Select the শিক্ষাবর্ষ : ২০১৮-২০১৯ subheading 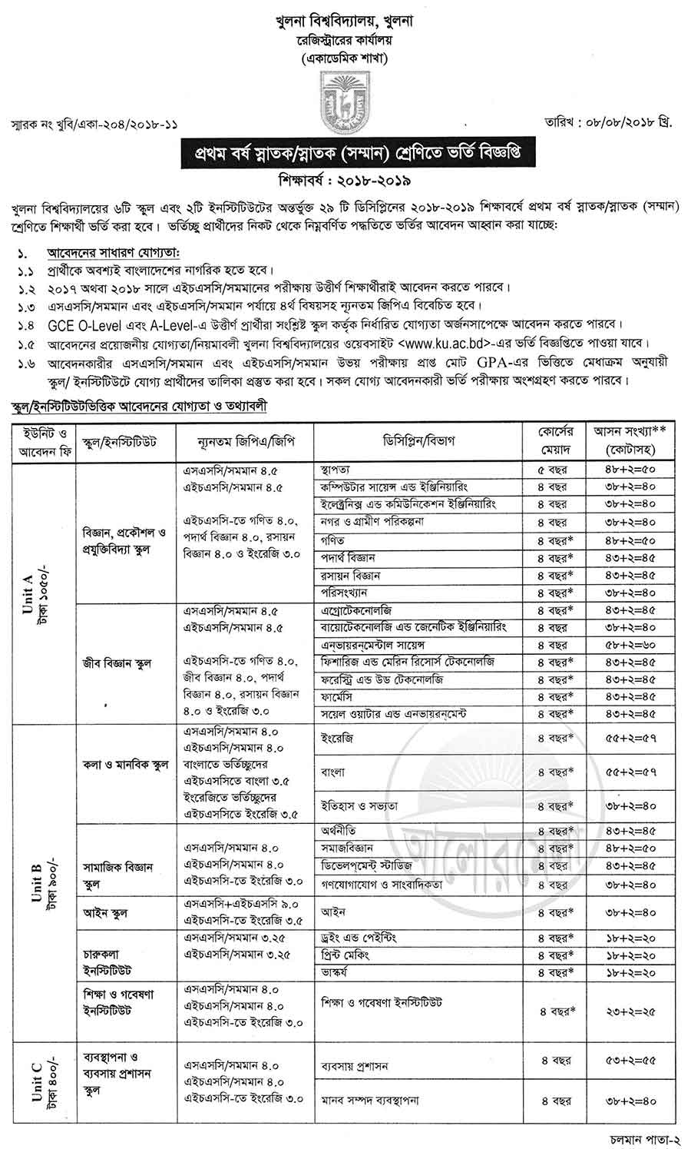pos(345,181)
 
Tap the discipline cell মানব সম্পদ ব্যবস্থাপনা pos(370,1100)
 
